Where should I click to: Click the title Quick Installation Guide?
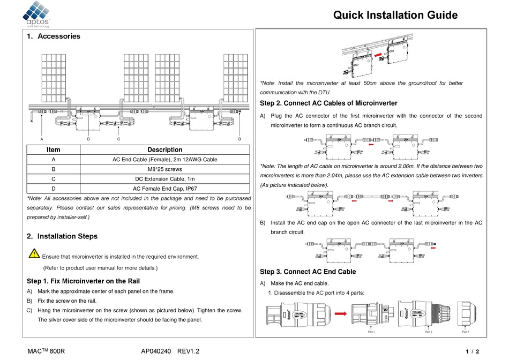(x=395, y=15)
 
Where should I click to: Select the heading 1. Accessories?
(x=54, y=36)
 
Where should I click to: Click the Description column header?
(x=164, y=150)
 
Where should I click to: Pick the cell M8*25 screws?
(x=164, y=169)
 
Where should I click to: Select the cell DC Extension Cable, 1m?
(x=164, y=178)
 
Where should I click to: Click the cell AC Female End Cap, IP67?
(x=164, y=188)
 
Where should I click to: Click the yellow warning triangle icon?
(x=34, y=253)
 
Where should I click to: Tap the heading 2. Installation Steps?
(x=62, y=236)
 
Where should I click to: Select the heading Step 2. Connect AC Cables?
(x=328, y=103)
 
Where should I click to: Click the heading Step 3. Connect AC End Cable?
(x=308, y=272)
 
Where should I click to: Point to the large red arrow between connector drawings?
(x=335, y=316)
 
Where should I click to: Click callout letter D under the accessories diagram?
(x=239, y=139)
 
